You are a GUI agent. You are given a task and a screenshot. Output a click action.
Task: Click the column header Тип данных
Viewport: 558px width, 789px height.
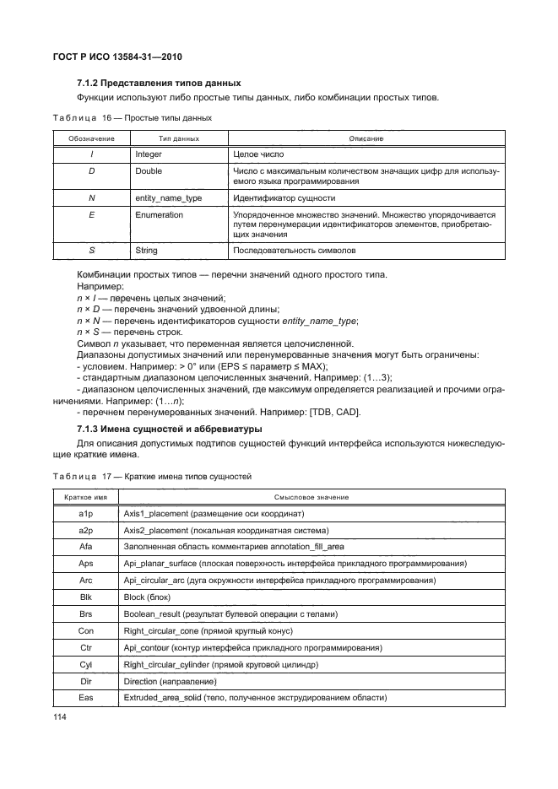(x=178, y=138)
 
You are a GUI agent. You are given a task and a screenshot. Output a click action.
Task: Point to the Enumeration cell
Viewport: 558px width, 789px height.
(x=159, y=215)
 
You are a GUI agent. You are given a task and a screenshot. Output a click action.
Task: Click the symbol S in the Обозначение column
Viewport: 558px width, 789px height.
(x=90, y=251)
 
